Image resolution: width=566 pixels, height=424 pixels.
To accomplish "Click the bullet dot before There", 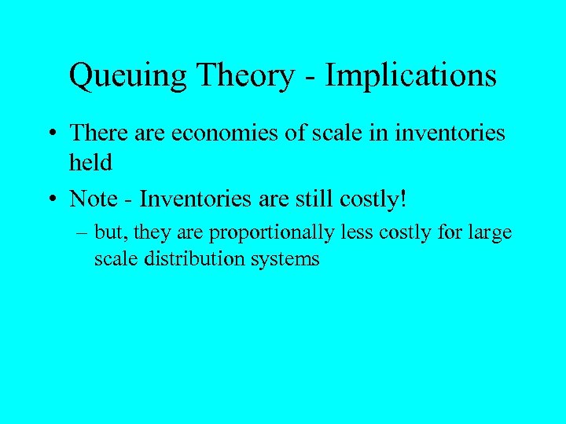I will (x=50, y=134).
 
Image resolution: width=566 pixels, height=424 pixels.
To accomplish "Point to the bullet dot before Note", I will (x=50, y=199).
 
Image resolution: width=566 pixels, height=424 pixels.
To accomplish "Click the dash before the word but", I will (x=83, y=233).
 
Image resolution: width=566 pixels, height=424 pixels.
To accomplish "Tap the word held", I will (x=90, y=163).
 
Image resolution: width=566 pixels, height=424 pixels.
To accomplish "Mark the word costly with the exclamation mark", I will (x=376, y=200).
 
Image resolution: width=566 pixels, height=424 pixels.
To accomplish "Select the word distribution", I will (x=190, y=258).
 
